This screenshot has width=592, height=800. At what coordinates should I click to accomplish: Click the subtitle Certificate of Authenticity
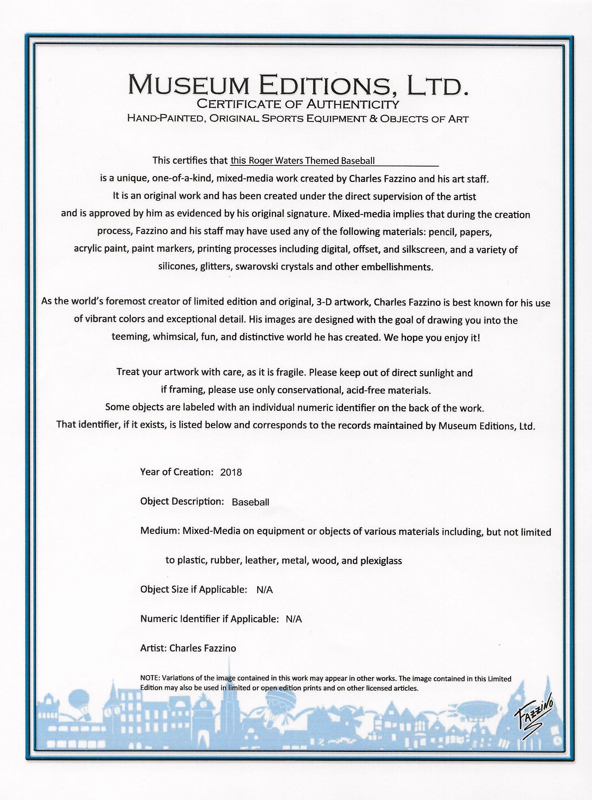pyautogui.click(x=298, y=104)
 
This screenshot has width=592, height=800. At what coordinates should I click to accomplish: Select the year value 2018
pyautogui.click(x=231, y=472)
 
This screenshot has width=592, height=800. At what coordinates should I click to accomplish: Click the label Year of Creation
pyautogui.click(x=176, y=472)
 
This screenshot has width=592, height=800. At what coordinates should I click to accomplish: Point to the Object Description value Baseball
pyautogui.click(x=251, y=502)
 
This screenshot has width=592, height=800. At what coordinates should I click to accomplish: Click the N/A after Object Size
pyautogui.click(x=264, y=590)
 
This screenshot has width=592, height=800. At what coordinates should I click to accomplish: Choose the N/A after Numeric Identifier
pyautogui.click(x=294, y=619)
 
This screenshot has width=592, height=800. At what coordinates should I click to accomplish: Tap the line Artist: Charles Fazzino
pyautogui.click(x=188, y=649)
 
